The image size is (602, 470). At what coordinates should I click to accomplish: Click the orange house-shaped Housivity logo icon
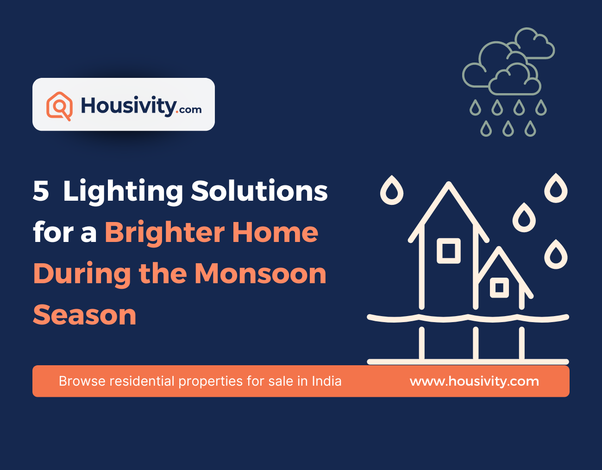pos(59,106)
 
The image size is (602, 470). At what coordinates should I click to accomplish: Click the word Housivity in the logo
pos(128,106)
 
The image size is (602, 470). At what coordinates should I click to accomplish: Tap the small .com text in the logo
pos(190,110)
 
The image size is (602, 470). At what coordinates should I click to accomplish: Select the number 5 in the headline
pos(41,191)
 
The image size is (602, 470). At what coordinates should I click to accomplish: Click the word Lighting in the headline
pos(123,191)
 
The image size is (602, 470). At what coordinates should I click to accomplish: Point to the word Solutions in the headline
pos(259,191)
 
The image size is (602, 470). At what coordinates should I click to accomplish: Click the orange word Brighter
pos(164,232)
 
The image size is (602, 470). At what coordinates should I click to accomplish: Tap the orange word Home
pos(275,232)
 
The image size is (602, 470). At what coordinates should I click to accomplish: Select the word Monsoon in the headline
pos(260,273)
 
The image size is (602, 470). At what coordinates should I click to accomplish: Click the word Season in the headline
pos(85,315)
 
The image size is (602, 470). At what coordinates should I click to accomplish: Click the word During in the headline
pos(82,274)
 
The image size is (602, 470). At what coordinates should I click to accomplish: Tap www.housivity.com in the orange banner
pos(474,381)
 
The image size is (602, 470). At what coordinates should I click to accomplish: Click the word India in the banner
pos(326,381)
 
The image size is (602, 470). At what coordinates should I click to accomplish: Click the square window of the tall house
pos(449,251)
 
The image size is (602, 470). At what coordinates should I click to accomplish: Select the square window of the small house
pos(499,288)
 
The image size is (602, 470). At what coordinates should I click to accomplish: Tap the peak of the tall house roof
pos(448,184)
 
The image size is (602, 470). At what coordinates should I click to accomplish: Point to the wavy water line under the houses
pos(468,318)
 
